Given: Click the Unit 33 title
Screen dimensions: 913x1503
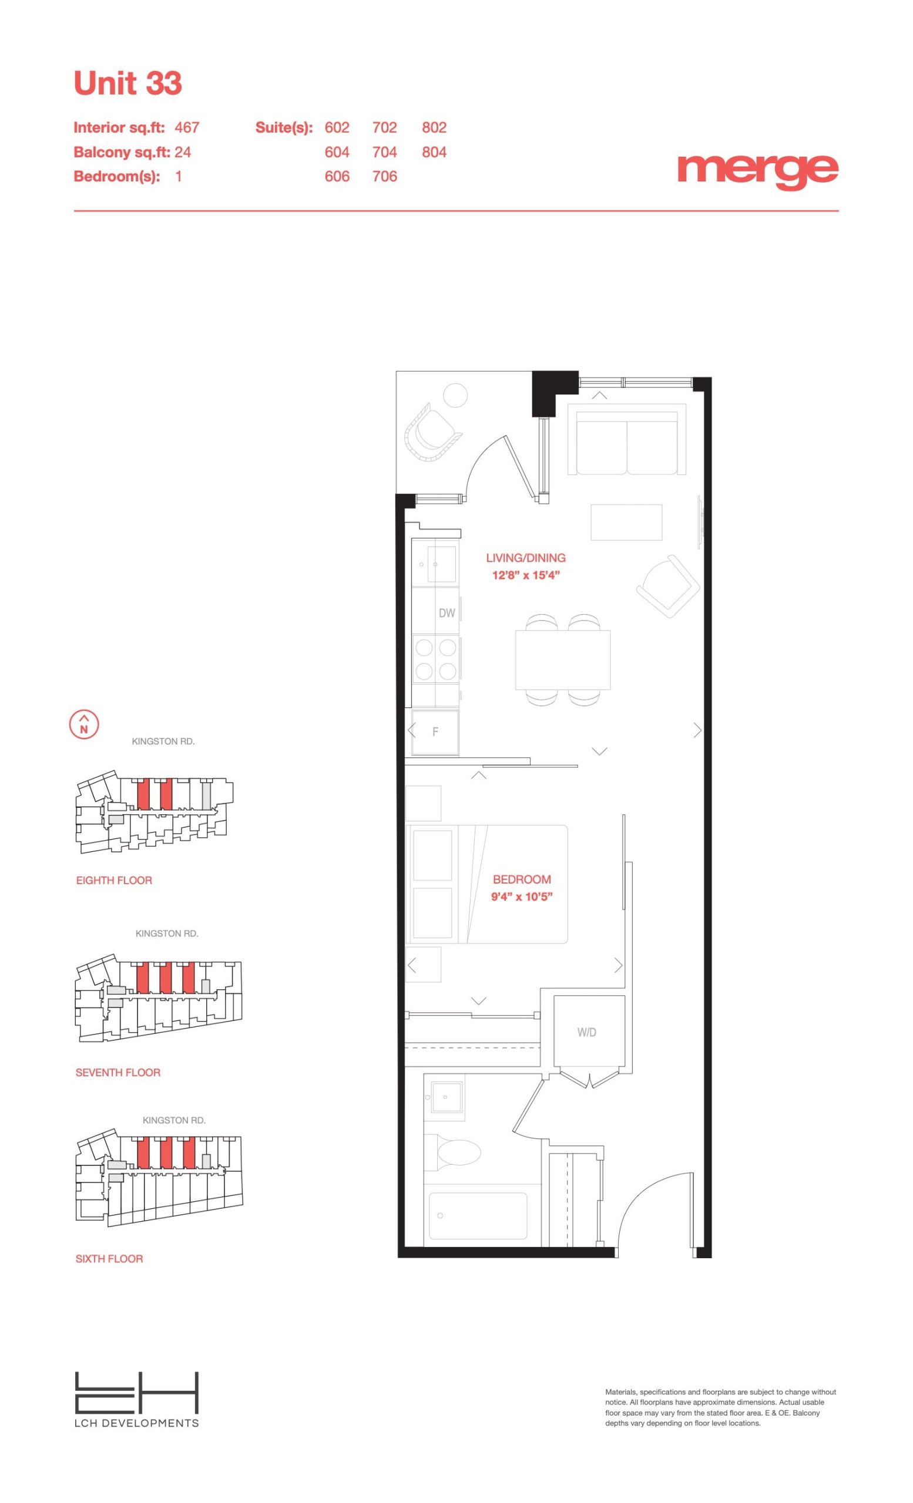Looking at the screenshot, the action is (x=127, y=83).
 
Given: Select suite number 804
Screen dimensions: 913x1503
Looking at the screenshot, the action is (x=434, y=152).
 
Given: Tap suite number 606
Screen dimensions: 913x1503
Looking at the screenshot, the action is (x=337, y=176).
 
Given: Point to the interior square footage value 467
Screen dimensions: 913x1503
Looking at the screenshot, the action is (x=187, y=127).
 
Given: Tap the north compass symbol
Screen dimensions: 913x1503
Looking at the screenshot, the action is (x=84, y=724).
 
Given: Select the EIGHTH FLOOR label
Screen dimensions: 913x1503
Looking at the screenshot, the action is (x=114, y=880).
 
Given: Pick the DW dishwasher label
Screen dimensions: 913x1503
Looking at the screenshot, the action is (x=447, y=613).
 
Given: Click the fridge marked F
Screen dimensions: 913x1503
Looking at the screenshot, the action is (x=435, y=732).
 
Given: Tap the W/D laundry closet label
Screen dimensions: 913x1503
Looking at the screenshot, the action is (x=586, y=1033).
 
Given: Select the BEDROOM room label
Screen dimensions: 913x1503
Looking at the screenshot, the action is (x=522, y=879).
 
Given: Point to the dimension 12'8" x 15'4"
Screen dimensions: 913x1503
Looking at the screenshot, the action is (x=526, y=575).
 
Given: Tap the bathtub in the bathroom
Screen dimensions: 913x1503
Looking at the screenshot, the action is (x=478, y=1216).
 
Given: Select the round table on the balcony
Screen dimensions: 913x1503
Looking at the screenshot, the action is (x=455, y=395).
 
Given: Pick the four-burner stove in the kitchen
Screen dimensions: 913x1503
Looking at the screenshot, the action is (x=436, y=659).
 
